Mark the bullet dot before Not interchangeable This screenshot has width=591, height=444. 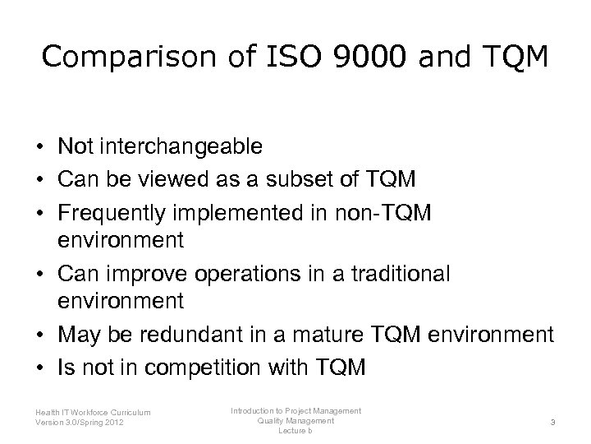[39, 147]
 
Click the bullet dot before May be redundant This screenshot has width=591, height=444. [39, 335]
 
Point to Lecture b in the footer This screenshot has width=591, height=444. [295, 431]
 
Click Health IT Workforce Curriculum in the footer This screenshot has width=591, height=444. [94, 414]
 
